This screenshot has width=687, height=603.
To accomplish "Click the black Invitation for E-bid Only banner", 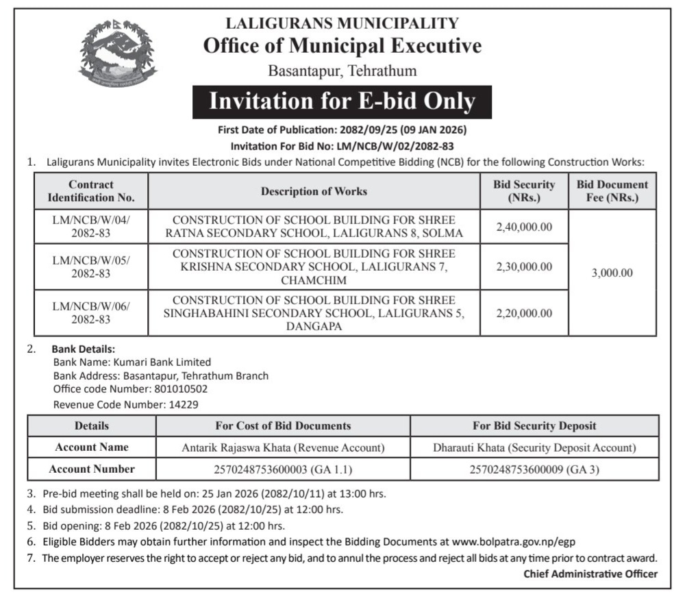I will tap(342, 102).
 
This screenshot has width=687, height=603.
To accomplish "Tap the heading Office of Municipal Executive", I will tap(342, 46).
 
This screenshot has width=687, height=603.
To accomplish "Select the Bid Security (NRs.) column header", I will tap(524, 191).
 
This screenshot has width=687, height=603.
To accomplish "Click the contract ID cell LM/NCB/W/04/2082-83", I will tap(91, 227).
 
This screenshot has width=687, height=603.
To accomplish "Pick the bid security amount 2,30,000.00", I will tap(524, 267).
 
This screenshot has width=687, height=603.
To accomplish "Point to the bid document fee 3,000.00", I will tap(612, 272).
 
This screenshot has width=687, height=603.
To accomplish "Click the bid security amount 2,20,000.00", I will tap(524, 313).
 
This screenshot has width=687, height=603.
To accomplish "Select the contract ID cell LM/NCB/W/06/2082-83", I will tap(91, 313).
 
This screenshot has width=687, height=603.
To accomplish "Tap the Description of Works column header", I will tap(314, 191).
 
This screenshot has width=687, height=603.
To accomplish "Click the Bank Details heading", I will tap(83, 349).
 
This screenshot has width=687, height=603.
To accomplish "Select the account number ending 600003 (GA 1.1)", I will tap(283, 469).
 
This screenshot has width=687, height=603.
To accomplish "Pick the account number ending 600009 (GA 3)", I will tap(534, 469).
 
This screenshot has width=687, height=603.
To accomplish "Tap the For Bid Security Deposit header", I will tap(534, 426).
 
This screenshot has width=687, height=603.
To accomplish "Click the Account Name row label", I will tap(92, 447).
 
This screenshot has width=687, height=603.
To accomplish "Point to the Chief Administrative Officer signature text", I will tap(590, 574).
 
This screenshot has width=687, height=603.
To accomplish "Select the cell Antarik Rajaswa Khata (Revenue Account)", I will tap(283, 447).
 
